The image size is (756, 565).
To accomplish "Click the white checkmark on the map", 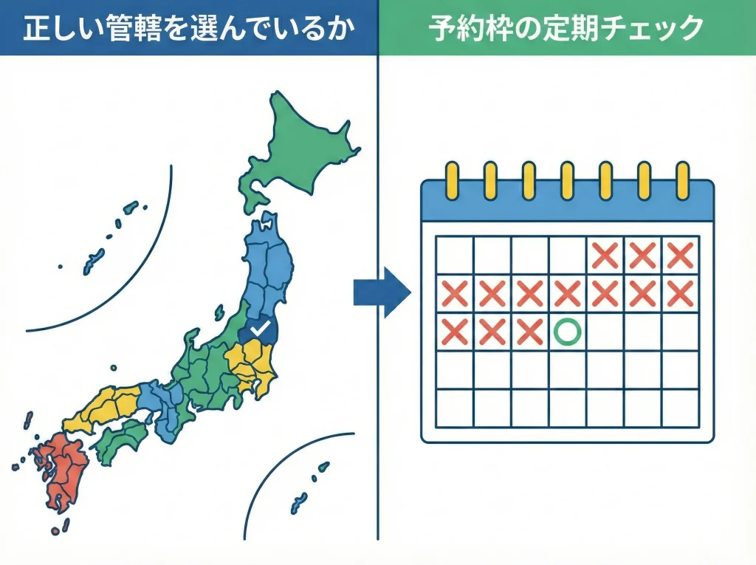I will pyautogui.click(x=258, y=327).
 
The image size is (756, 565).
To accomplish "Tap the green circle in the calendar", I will pyautogui.click(x=566, y=332).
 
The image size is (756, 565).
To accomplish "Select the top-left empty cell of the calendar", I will pyautogui.click(x=454, y=256).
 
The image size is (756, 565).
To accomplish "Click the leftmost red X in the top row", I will pyautogui.click(x=605, y=256).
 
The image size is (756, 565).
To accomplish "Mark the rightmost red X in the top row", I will pyautogui.click(x=679, y=256).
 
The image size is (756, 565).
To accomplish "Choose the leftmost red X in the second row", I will pyautogui.click(x=454, y=294).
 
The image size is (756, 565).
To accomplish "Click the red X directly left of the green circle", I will pyautogui.click(x=529, y=332).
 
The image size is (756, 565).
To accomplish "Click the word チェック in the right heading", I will pyautogui.click(x=650, y=28).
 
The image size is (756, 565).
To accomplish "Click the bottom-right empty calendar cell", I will pyautogui.click(x=679, y=408).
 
